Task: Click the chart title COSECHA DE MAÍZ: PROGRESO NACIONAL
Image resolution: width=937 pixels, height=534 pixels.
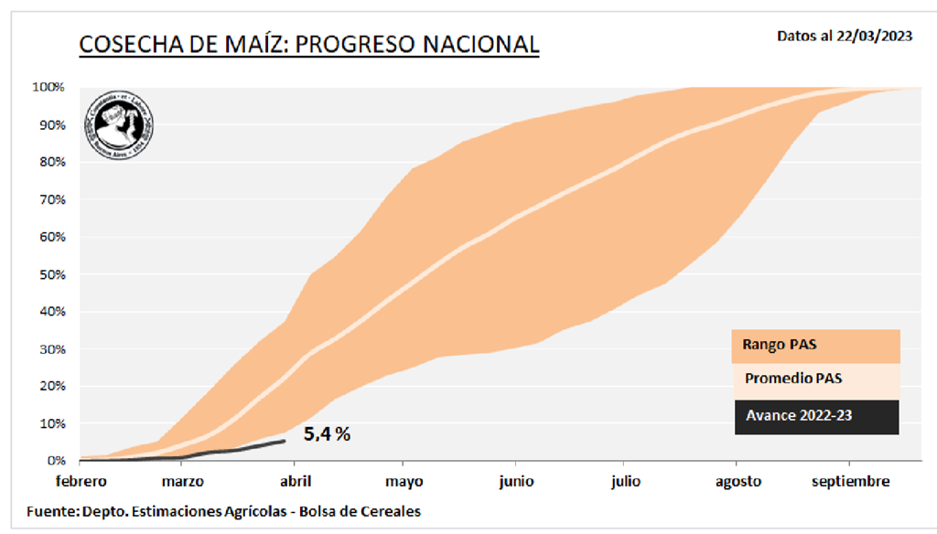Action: pos(308,44)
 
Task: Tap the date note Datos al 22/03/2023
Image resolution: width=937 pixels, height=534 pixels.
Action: pos(844,37)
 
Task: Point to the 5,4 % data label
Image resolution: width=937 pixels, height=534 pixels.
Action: pos(328,433)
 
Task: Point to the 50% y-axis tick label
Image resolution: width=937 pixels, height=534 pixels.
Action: pos(50,274)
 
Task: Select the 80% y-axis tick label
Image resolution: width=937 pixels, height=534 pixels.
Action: pos(50,163)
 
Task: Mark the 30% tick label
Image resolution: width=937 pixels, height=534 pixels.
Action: pos(50,349)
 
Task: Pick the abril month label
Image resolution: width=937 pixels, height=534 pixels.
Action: pos(294,481)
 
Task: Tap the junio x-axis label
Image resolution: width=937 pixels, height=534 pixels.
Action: pos(516,481)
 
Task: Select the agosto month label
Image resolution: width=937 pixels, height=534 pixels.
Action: pos(738,481)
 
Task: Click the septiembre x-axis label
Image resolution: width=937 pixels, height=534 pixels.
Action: pos(850,481)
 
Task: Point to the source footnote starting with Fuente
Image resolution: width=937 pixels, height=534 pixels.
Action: pos(223,510)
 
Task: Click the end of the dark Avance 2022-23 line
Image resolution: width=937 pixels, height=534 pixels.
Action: pos(285,441)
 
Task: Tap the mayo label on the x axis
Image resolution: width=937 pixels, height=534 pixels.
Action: pos(404,481)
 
